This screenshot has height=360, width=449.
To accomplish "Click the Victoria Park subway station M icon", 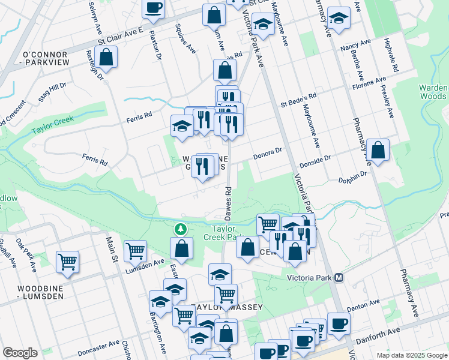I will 339,278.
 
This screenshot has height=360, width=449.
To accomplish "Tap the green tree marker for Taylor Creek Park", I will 179,229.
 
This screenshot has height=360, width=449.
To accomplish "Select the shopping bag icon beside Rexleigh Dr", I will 106,58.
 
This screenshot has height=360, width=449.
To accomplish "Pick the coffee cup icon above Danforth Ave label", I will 339,323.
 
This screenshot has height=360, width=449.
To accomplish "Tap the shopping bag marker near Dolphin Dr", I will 378,151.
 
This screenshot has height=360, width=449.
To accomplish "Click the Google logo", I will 20,353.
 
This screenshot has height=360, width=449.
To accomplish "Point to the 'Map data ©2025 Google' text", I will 411,355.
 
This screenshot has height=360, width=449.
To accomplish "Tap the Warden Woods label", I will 433,92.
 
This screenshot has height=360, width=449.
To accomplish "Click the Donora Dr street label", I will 267,153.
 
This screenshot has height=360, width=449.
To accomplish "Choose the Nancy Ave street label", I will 355,46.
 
